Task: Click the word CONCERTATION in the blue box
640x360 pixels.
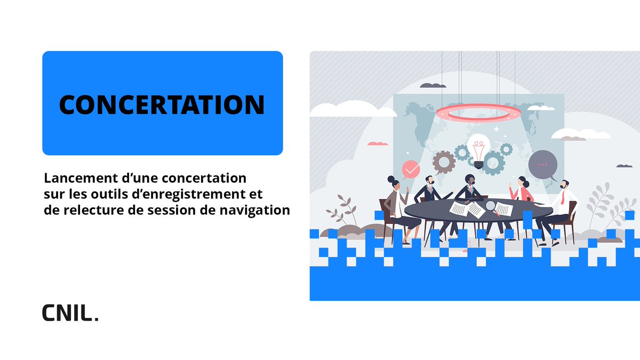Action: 162,105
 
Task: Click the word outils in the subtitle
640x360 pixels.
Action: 110,193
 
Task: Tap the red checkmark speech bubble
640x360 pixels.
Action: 411,169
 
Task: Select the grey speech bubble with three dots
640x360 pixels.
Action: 543,164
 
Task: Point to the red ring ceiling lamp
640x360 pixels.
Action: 478,111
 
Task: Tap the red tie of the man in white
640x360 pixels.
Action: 562,199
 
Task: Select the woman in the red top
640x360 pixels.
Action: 523,192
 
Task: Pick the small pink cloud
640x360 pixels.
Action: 378,143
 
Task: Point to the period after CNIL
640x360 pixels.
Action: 96,318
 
